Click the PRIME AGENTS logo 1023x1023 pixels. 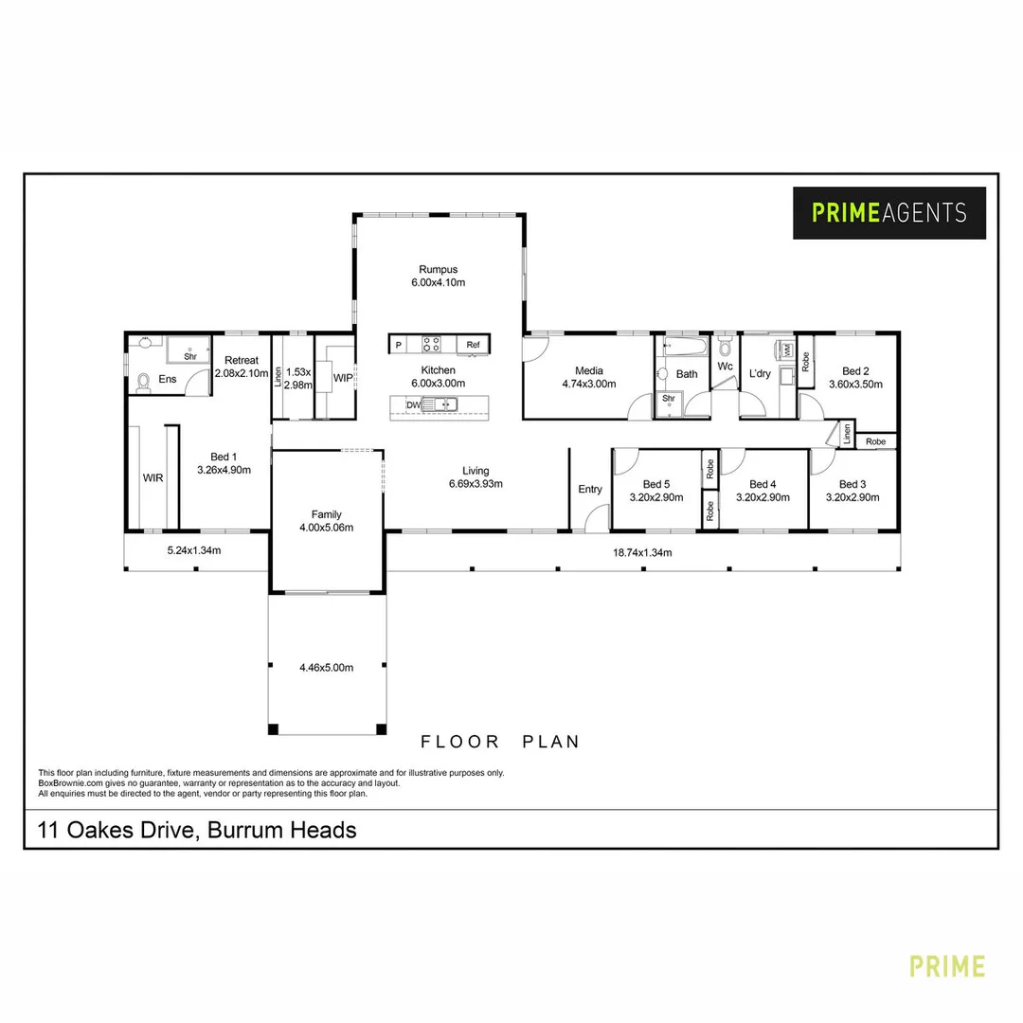888,212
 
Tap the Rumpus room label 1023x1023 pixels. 437,269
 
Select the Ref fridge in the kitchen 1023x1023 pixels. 473,345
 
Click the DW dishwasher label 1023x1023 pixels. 412,405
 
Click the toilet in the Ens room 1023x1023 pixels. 144,381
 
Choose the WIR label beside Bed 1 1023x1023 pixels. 153,478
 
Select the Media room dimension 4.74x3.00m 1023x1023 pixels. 588,385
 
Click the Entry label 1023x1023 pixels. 589,490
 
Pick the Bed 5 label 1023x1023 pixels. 655,484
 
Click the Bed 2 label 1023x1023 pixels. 854,371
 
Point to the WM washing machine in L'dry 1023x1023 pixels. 786,350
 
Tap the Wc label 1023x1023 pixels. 725,366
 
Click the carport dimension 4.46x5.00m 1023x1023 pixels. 326,668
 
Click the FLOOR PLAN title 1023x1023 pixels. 500,742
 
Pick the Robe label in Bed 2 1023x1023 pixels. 806,361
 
